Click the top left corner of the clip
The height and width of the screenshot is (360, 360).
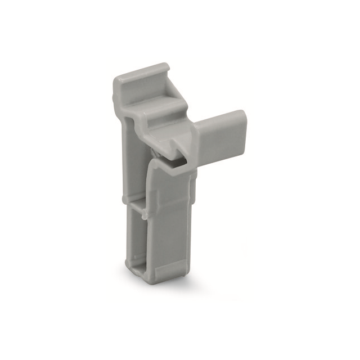coord(115,79)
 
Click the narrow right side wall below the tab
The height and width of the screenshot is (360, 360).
coord(192,214)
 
